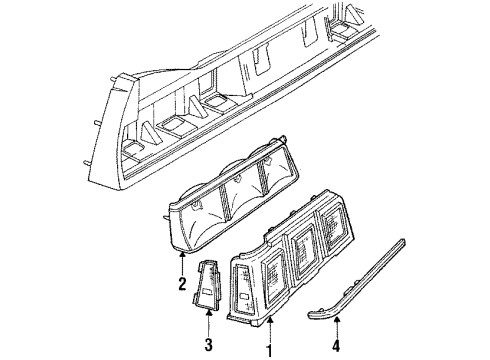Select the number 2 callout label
point(183,284)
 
